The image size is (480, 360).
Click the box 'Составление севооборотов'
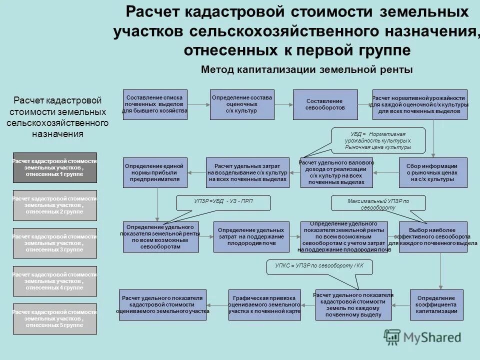coord(325,104)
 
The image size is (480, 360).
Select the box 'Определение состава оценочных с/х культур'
coord(242,104)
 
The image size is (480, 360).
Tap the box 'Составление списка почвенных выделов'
coord(155,104)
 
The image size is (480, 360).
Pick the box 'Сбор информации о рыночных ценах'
coord(433,172)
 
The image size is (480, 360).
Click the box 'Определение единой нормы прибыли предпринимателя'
coord(154,172)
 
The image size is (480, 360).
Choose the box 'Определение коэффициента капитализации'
coord(433,304)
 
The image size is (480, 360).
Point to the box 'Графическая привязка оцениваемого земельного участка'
coord(264,304)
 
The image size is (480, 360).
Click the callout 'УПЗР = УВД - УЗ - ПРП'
coord(223,201)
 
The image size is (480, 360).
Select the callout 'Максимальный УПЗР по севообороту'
coord(379,203)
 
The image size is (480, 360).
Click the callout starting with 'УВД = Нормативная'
coord(378,140)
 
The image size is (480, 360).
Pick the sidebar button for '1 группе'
coord(55,167)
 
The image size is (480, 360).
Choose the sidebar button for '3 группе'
coord(55,243)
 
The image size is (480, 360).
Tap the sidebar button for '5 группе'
coord(55,318)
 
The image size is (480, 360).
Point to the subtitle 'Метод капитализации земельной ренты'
coord(307,70)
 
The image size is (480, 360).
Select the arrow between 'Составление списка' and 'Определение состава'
coord(198,104)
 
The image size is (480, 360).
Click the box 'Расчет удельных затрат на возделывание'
coord(248,172)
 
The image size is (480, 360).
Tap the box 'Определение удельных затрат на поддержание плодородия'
coord(251,236)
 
